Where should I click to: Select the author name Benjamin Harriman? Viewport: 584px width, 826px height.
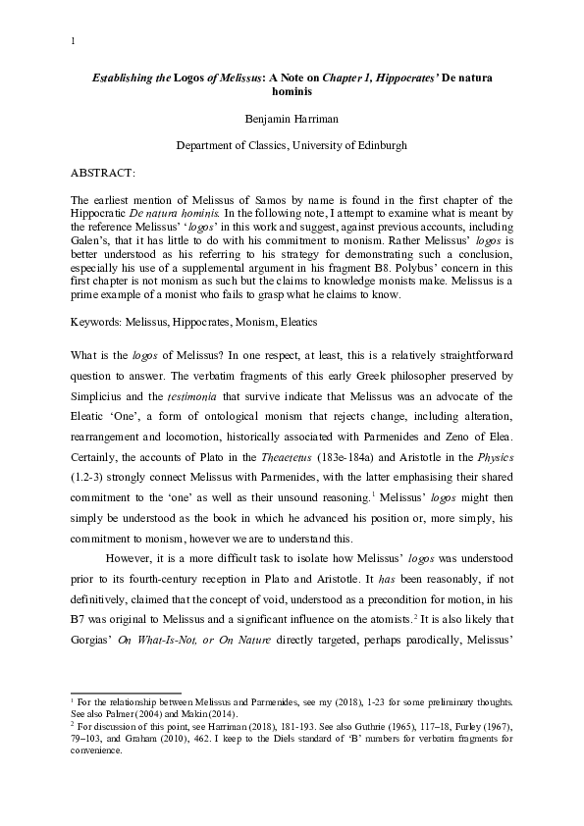click(x=292, y=120)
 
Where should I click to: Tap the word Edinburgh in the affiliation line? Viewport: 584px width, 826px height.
click(x=379, y=145)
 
